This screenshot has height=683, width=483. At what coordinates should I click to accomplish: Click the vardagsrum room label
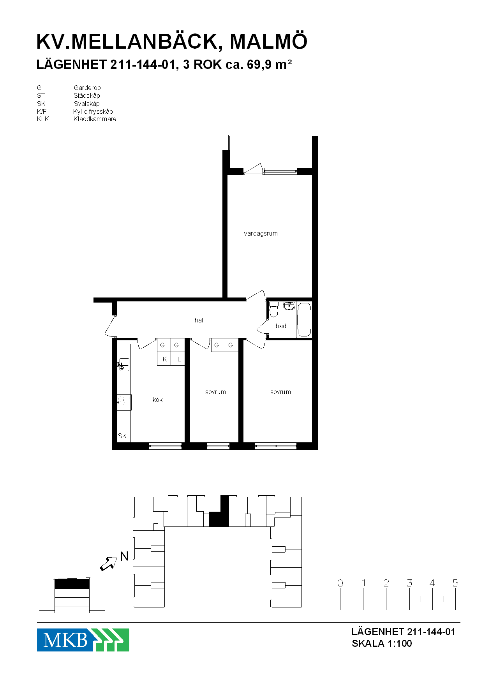click(x=261, y=234)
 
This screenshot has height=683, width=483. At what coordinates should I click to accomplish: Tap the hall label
click(x=199, y=320)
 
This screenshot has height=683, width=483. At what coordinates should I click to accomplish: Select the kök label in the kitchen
click(x=157, y=400)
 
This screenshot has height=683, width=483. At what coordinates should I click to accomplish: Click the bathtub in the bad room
click(x=304, y=320)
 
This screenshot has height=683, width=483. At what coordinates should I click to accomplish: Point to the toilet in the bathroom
click(x=274, y=310)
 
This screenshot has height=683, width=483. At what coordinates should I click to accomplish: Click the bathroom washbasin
click(x=289, y=305)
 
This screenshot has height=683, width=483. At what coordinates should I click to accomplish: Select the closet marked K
click(x=164, y=359)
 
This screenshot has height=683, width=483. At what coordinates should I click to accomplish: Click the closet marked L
click(x=178, y=359)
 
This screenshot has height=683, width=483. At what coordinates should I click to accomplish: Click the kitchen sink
click(x=123, y=365)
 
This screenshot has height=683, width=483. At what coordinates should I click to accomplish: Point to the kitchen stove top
click(x=124, y=403)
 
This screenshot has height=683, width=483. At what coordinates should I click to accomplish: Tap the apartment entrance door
click(x=111, y=326)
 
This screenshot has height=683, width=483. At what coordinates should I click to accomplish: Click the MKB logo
click(x=83, y=640)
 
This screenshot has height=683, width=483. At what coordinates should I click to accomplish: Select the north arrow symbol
click(x=109, y=563)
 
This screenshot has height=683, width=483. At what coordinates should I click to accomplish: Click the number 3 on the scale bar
click(x=409, y=583)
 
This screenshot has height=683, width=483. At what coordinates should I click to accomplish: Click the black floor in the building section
click(x=72, y=584)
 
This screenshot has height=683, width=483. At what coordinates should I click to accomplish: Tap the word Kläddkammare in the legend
click(x=95, y=119)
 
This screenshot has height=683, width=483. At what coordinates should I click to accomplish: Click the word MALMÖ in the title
click(x=268, y=41)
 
